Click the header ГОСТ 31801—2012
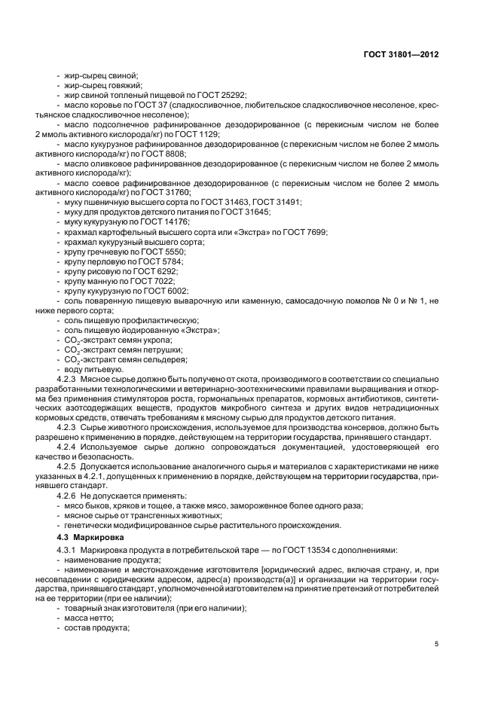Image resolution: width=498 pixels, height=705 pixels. pyautogui.click(x=403, y=55)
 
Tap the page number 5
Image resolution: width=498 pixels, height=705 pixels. pyautogui.click(x=436, y=645)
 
